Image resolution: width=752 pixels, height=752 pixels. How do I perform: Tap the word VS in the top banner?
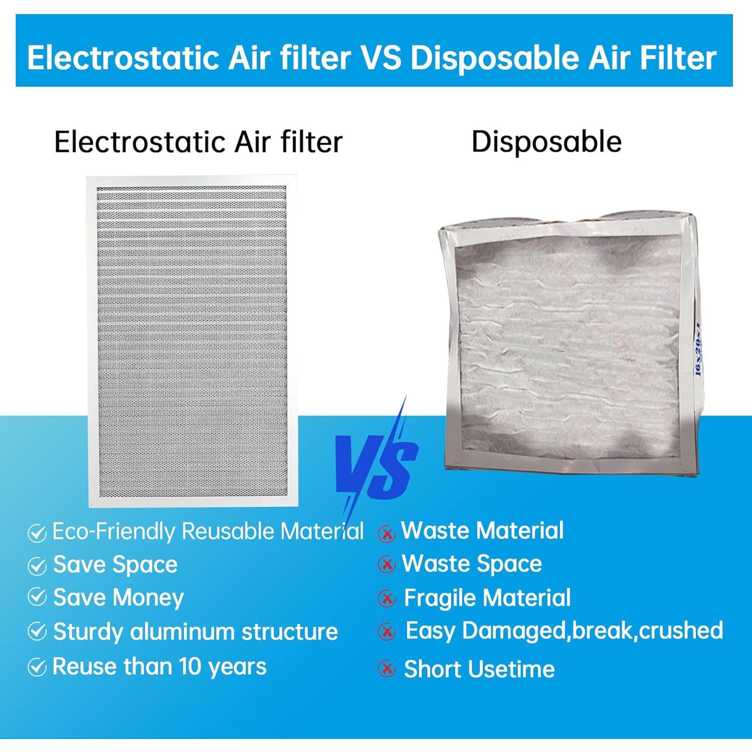(381, 58)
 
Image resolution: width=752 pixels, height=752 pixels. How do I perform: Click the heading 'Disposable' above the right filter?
(546, 141)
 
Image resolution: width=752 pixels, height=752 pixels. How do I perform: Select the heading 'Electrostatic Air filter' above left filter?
(199, 141)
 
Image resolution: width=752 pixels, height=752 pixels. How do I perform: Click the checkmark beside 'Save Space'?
(37, 566)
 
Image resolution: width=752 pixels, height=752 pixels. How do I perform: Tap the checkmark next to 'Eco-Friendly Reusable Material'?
(37, 533)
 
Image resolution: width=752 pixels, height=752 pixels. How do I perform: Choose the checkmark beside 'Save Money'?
(37, 597)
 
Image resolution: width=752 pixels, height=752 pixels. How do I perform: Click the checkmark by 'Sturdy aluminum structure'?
(37, 632)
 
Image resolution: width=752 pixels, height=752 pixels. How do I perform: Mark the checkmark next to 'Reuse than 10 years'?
(37, 667)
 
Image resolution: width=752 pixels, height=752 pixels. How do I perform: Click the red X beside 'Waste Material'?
(387, 534)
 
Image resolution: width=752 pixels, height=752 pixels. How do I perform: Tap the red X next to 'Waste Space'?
(387, 565)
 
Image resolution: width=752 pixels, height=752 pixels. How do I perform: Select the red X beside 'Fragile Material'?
(387, 598)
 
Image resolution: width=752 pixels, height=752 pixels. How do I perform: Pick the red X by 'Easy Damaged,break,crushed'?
(387, 632)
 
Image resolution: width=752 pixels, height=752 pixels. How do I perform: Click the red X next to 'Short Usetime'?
(387, 668)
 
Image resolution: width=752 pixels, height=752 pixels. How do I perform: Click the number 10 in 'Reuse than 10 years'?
(190, 666)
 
